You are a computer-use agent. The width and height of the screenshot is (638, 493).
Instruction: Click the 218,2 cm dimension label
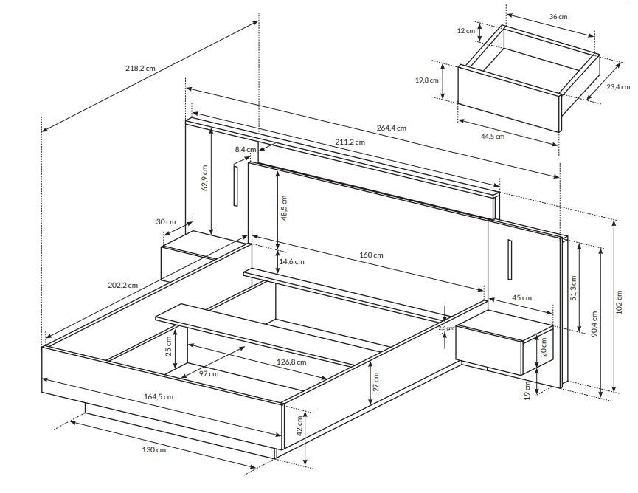140,69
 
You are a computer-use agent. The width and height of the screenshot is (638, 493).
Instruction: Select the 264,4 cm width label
392,128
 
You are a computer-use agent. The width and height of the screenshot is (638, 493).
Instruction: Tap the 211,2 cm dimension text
350,142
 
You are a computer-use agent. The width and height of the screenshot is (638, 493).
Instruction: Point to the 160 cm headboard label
371,255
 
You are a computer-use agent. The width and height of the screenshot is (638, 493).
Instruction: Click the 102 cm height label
620,302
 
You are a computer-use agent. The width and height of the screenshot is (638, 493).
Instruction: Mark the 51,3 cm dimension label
574,289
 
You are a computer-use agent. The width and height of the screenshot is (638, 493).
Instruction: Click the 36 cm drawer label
558,17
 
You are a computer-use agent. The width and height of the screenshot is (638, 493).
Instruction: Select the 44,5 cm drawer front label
493,137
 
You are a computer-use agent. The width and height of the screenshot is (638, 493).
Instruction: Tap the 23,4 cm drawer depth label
618,86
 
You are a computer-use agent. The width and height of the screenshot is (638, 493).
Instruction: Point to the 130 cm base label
154,450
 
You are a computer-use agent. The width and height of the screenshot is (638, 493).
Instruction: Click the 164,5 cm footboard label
159,396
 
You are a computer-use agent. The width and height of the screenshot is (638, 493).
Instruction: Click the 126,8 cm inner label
291,362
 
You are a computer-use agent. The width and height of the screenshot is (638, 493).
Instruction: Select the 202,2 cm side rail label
123,286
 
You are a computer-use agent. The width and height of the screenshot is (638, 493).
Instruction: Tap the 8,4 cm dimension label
246,149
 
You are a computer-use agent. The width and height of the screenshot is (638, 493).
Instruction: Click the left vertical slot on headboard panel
235,185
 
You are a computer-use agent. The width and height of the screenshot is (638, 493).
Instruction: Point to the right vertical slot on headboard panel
510,260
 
